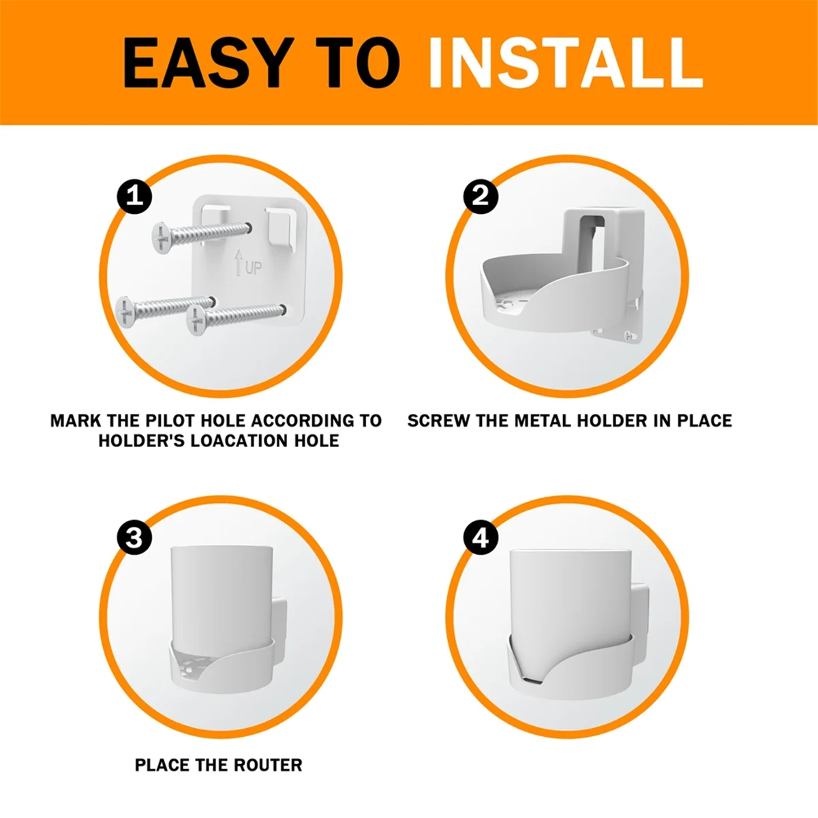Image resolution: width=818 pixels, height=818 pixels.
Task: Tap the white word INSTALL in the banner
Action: [x=565, y=63]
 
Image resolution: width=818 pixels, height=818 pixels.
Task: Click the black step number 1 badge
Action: [x=134, y=196]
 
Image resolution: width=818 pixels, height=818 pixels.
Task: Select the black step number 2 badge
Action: [x=481, y=196]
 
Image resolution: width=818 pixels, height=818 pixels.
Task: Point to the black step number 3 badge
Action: [x=134, y=538]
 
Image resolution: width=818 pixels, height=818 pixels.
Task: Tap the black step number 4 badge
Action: [x=481, y=538]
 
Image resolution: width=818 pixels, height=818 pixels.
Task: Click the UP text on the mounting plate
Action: [x=253, y=268]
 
